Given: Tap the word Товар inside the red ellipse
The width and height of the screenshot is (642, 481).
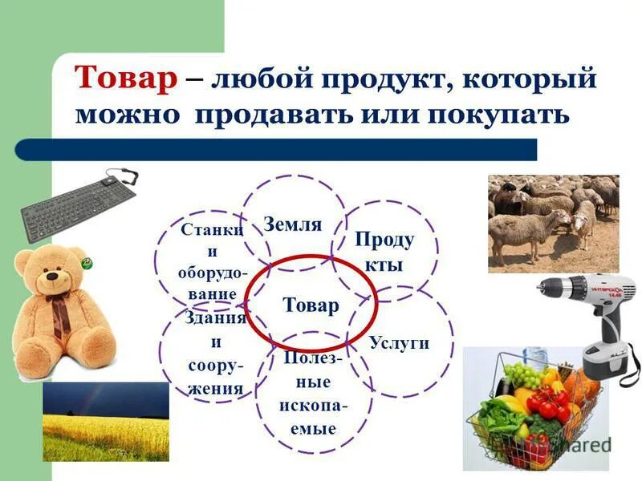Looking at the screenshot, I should click(311, 305).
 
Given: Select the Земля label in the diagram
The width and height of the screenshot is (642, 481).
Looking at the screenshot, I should click(293, 224).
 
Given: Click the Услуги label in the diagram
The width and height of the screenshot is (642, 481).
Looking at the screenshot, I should click(399, 343).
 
